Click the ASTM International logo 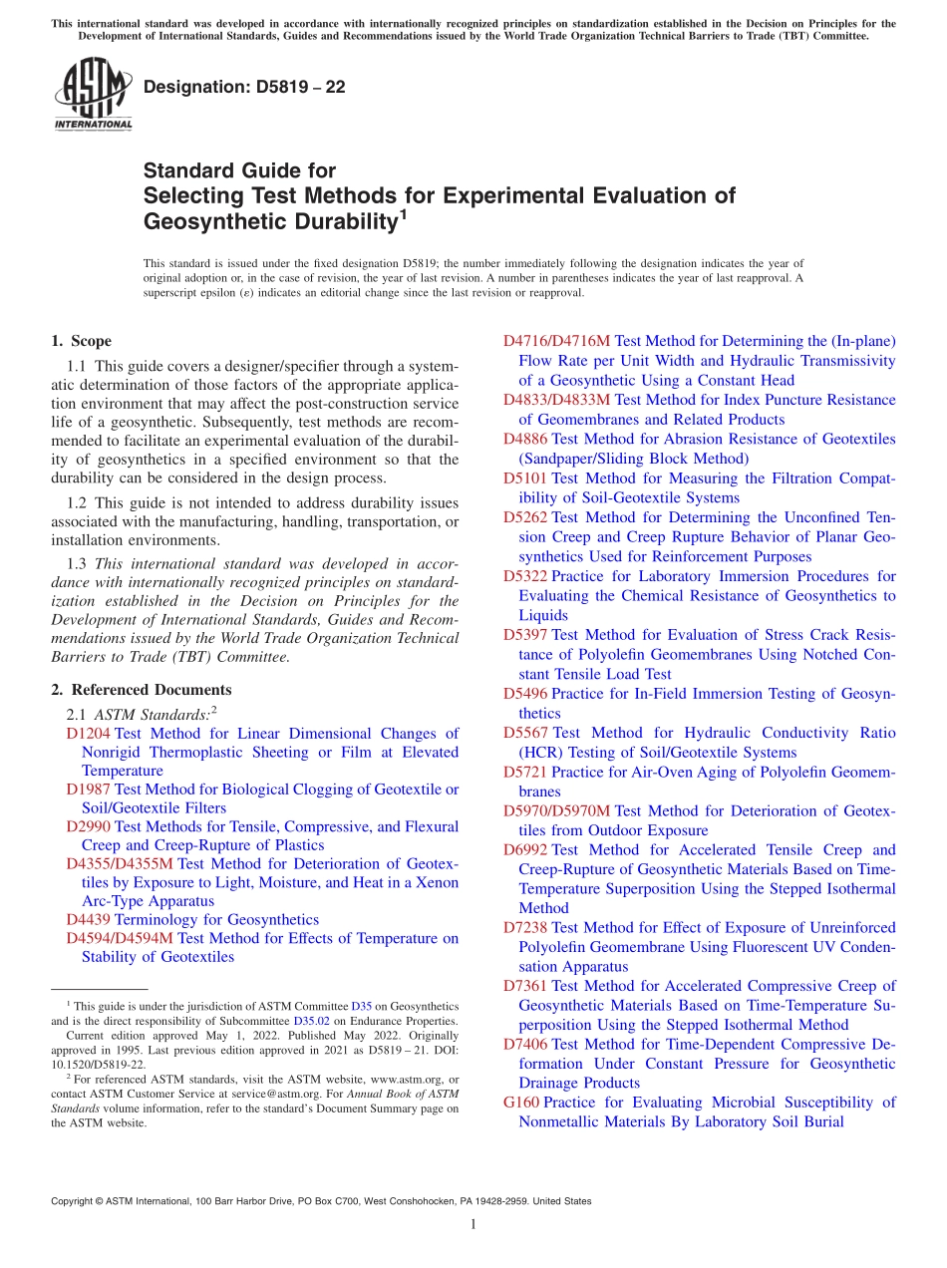click(x=93, y=95)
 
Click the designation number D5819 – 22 click(x=244, y=88)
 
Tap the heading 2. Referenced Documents click(x=141, y=690)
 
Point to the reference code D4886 click(x=525, y=439)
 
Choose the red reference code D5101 click(x=525, y=478)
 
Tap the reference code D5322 click(x=525, y=576)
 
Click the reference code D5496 click(x=525, y=694)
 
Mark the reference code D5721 click(x=525, y=772)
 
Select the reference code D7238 click(x=525, y=927)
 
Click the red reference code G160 click(x=521, y=1103)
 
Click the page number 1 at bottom click(x=473, y=1225)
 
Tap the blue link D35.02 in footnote click(x=308, y=1020)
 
